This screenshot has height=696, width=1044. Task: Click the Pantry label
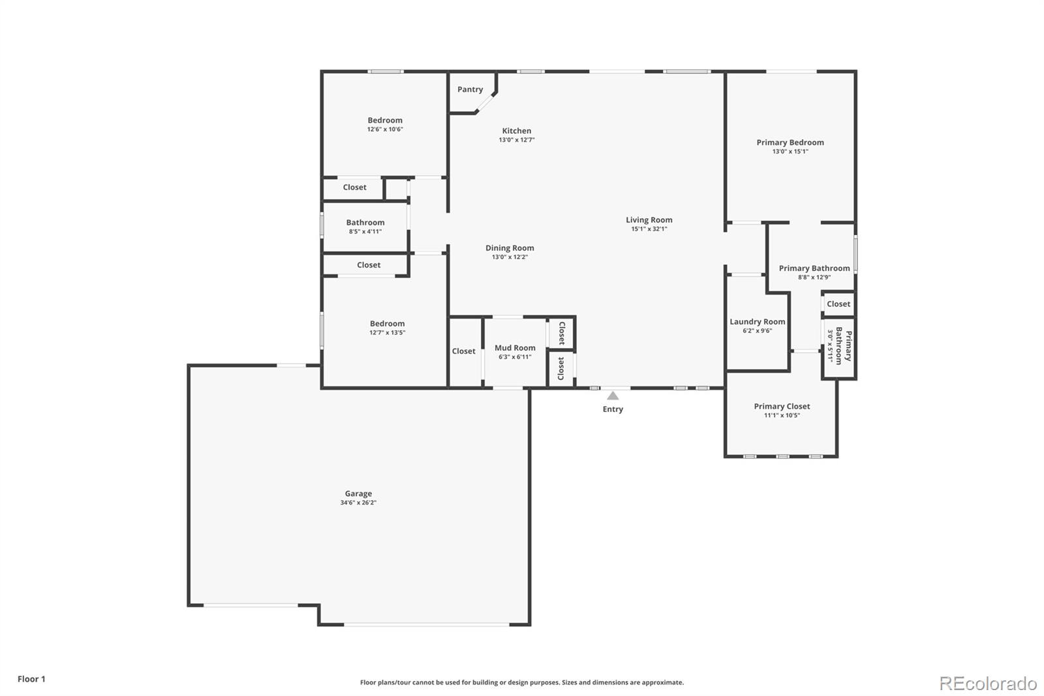pyautogui.click(x=470, y=89)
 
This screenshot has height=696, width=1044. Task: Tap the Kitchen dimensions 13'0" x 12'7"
pyautogui.click(x=517, y=140)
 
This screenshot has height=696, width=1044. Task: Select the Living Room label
pyautogui.click(x=649, y=220)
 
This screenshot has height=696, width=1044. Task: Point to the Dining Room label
pyautogui.click(x=510, y=248)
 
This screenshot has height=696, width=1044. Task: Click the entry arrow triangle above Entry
pyautogui.click(x=613, y=396)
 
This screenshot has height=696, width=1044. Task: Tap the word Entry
pyautogui.click(x=613, y=409)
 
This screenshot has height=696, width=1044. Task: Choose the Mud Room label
pyautogui.click(x=515, y=348)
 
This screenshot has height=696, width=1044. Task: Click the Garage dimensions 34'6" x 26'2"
pyautogui.click(x=358, y=503)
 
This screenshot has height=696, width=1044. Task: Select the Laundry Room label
pyautogui.click(x=757, y=322)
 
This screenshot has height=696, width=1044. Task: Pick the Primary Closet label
pyautogui.click(x=782, y=406)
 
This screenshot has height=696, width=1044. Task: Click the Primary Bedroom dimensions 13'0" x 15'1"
pyautogui.click(x=790, y=151)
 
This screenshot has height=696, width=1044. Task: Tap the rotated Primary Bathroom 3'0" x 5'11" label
pyautogui.click(x=839, y=346)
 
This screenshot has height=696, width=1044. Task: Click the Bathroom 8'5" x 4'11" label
pyautogui.click(x=365, y=227)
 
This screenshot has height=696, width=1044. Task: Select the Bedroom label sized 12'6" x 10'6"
pyautogui.click(x=385, y=120)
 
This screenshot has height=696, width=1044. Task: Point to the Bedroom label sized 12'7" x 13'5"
pyautogui.click(x=387, y=324)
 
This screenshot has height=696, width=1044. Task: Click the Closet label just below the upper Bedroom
pyautogui.click(x=354, y=187)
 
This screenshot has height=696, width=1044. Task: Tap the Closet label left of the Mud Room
pyautogui.click(x=463, y=351)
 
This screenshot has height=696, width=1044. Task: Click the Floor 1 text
pyautogui.click(x=31, y=679)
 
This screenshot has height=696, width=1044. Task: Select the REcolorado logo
pyautogui.click(x=988, y=684)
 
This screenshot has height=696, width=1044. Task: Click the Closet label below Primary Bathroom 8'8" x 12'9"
pyautogui.click(x=838, y=304)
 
